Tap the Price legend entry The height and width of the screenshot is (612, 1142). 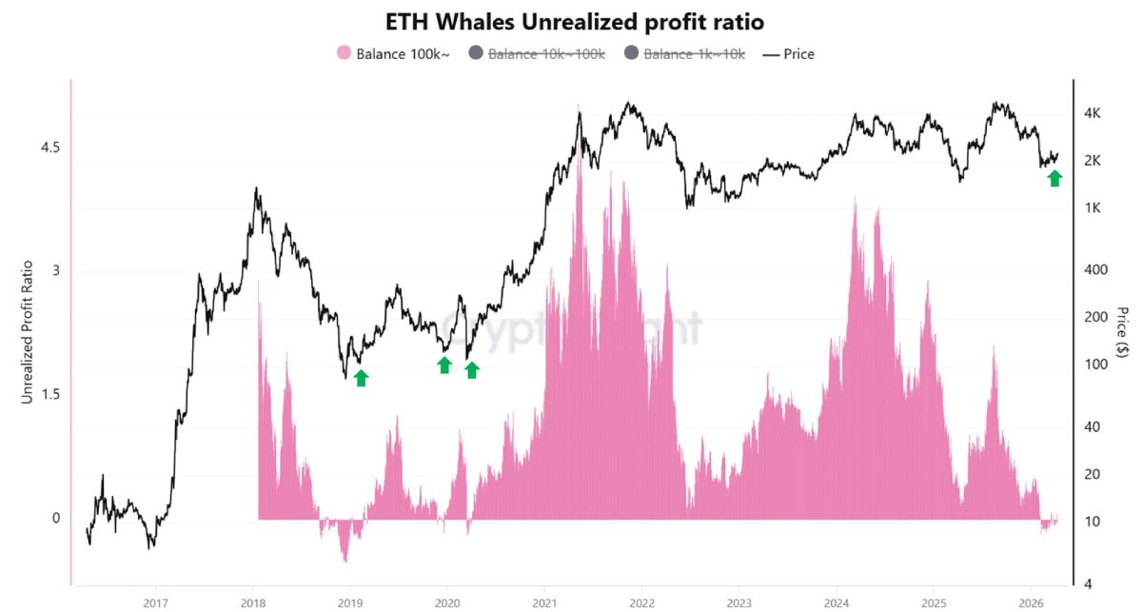pos(789,54)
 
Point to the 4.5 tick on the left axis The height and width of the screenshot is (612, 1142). pos(50,148)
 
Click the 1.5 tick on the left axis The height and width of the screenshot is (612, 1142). pos(50,395)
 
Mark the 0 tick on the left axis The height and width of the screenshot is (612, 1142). pos(56,519)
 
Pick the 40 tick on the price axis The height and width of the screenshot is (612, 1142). pos(1092,427)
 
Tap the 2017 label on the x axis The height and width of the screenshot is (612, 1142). pos(155,602)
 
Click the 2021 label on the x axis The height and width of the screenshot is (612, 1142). pos(543,602)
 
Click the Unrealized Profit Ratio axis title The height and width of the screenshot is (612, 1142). pos(28,332)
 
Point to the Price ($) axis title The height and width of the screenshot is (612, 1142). pos(1123,332)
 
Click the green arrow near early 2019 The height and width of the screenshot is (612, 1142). pos(361,378)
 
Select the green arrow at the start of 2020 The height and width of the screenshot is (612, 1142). pos(444,365)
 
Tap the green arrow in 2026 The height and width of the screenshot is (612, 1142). pos(1054,178)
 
